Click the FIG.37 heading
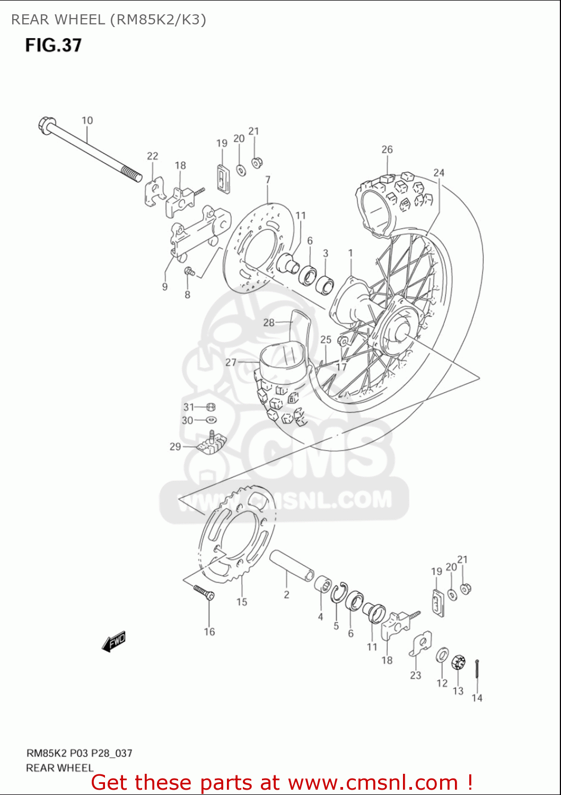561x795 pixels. [54, 45]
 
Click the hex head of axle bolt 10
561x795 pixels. [45, 125]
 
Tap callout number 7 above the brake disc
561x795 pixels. [268, 180]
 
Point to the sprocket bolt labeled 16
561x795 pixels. [204, 591]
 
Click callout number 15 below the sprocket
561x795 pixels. [242, 602]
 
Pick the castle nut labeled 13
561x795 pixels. [458, 662]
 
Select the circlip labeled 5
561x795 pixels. [338, 593]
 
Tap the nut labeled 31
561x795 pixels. [210, 407]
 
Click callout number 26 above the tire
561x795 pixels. [387, 149]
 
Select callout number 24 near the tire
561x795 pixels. [439, 172]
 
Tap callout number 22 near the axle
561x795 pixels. [152, 156]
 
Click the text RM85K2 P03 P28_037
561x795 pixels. [80, 753]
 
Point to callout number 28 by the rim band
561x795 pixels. [269, 322]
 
